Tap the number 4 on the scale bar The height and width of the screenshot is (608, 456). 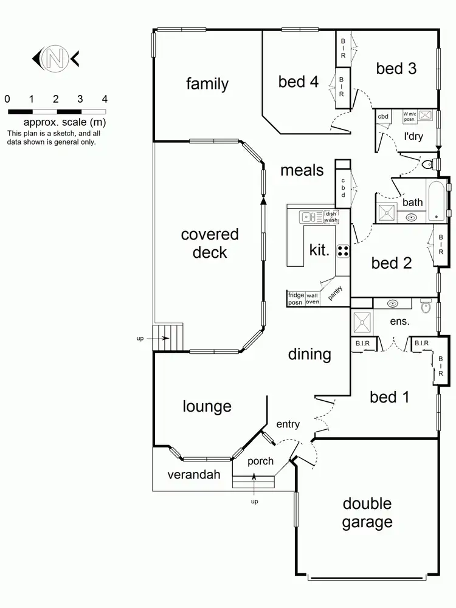[x=105, y=99]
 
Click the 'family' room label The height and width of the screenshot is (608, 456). [x=207, y=84]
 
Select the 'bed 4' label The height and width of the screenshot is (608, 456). [x=299, y=81]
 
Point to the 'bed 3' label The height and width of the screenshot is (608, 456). [x=396, y=69]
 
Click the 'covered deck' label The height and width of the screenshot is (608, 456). [x=210, y=243]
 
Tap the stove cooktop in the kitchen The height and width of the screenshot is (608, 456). [x=343, y=250]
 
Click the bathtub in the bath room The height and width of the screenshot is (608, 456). [x=437, y=201]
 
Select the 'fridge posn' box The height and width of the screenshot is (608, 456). [x=295, y=299]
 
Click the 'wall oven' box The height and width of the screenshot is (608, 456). [x=313, y=299]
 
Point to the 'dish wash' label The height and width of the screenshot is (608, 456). [x=331, y=216]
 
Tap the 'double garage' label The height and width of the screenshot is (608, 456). [x=367, y=513]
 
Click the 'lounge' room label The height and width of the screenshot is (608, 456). [x=207, y=406]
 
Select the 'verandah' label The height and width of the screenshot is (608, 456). [x=190, y=474]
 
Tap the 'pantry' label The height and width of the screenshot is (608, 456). [x=335, y=292]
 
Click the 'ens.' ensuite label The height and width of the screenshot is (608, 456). [x=399, y=320]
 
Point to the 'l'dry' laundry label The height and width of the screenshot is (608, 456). [x=413, y=136]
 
